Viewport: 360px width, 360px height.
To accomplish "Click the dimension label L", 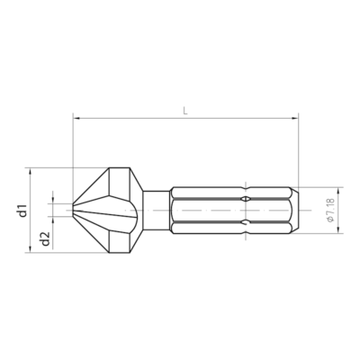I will click(x=184, y=110).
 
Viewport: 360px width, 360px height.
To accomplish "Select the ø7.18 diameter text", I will click(x=331, y=210).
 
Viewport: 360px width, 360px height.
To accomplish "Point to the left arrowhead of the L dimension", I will click(x=76, y=118).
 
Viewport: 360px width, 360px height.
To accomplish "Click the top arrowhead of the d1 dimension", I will click(x=32, y=170).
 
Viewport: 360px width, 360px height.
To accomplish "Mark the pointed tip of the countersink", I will click(x=73, y=210).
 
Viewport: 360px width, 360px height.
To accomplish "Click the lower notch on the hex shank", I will click(x=247, y=222).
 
